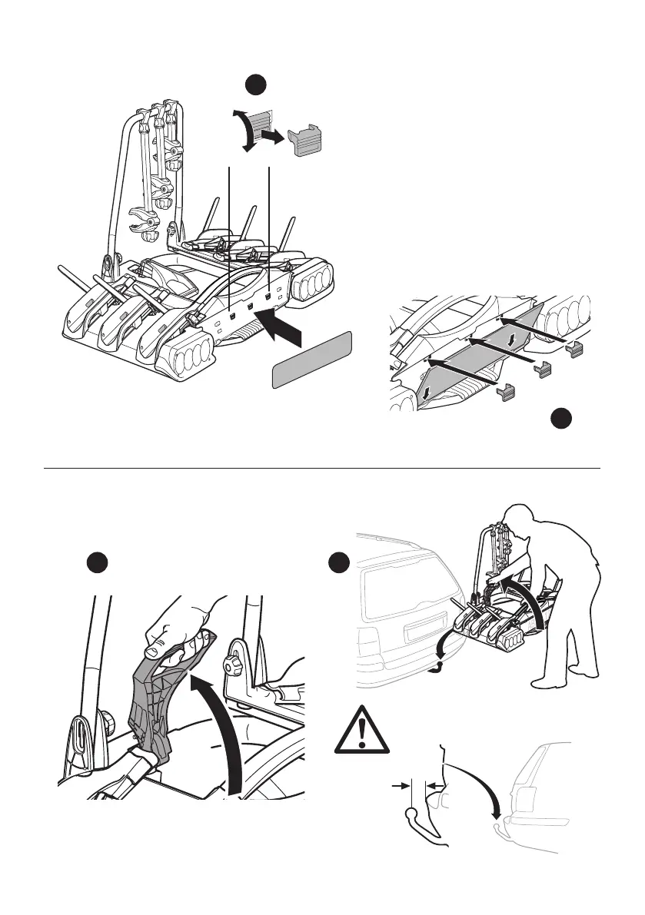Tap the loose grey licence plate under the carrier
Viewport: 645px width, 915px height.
312,360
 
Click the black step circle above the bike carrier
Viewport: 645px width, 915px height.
257,85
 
